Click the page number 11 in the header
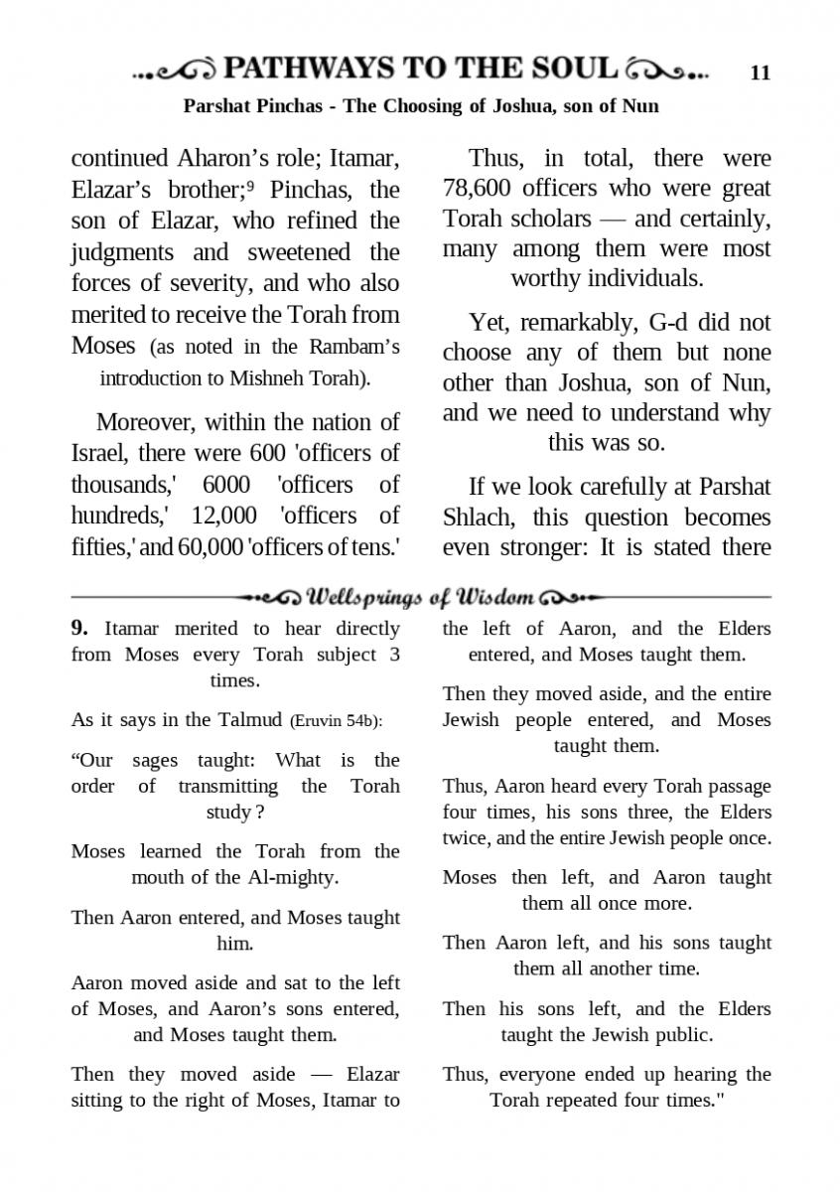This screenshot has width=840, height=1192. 760,73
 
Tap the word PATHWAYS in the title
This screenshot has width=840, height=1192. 308,69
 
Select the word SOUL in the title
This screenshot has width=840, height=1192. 576,69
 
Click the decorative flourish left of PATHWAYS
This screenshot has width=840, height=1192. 174,71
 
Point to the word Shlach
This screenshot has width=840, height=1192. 477,518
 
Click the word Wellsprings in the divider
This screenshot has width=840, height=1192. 359,597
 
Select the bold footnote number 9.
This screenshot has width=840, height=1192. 80,629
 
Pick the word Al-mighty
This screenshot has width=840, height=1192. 292,877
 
